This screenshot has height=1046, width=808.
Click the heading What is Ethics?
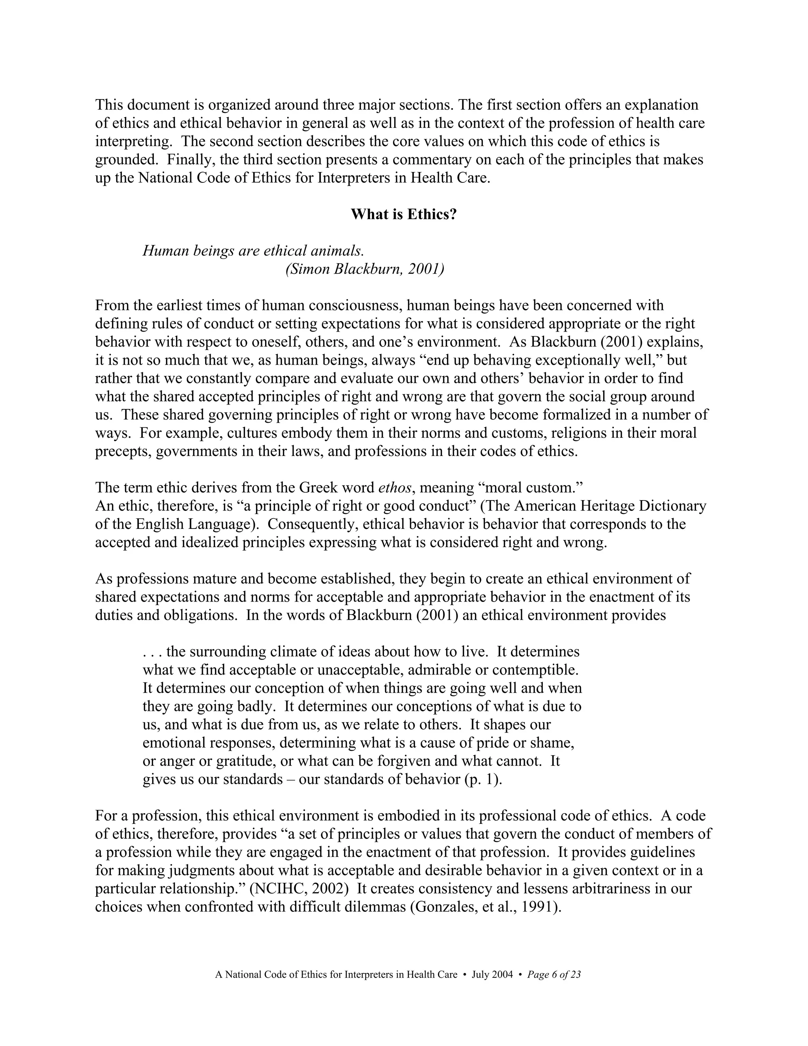[x=404, y=214]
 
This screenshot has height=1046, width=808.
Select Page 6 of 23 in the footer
[x=554, y=975]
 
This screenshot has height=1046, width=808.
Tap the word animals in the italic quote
[x=337, y=251]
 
